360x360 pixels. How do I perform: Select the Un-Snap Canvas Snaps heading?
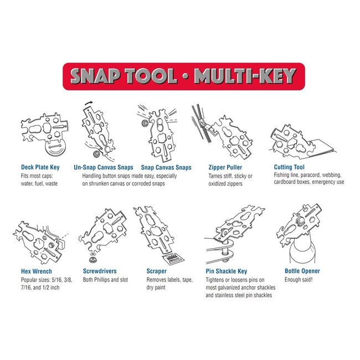point(102,167)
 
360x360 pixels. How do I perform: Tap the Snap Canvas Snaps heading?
point(166,167)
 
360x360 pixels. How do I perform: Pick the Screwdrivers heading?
point(100,271)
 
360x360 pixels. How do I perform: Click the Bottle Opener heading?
point(302,271)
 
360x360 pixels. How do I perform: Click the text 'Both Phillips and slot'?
point(105,280)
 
